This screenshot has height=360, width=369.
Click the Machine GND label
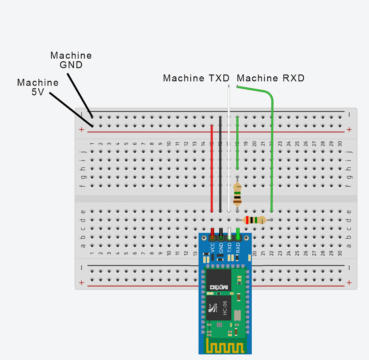pyautogui.click(x=71, y=60)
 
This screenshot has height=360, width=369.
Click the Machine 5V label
pyautogui.click(x=38, y=87)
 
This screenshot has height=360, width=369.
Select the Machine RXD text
pyautogui.click(x=270, y=78)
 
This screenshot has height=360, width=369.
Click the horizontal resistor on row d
pyautogui.click(x=255, y=220)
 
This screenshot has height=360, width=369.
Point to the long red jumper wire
pyautogui.click(x=211, y=169)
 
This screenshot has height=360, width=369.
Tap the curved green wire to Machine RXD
pyautogui.click(x=272, y=144)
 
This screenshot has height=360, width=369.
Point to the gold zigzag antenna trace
pyautogui.click(x=225, y=347)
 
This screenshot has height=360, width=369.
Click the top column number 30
pyautogui.click(x=340, y=144)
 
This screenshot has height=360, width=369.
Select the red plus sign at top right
pyautogui.click(x=348, y=130)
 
